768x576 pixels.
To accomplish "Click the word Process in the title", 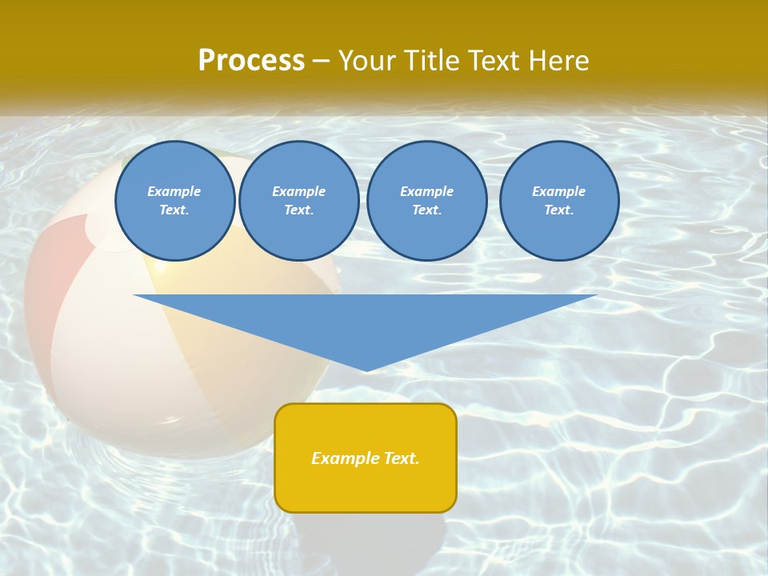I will (251, 60).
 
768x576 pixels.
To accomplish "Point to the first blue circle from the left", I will (175, 201).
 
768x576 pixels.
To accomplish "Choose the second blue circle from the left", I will (299, 201).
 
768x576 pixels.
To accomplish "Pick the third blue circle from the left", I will (427, 201).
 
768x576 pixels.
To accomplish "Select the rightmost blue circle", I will (559, 201).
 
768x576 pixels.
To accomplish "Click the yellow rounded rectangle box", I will (366, 488).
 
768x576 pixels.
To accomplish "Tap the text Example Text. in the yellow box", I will (366, 458).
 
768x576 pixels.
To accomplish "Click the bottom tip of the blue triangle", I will (366, 370).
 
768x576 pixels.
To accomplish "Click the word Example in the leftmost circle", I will (174, 191).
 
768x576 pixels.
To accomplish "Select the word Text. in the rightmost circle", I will (559, 210).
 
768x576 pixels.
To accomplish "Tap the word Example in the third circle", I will (427, 191).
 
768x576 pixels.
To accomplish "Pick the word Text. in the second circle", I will (299, 210).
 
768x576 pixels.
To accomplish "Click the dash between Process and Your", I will (322, 61).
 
